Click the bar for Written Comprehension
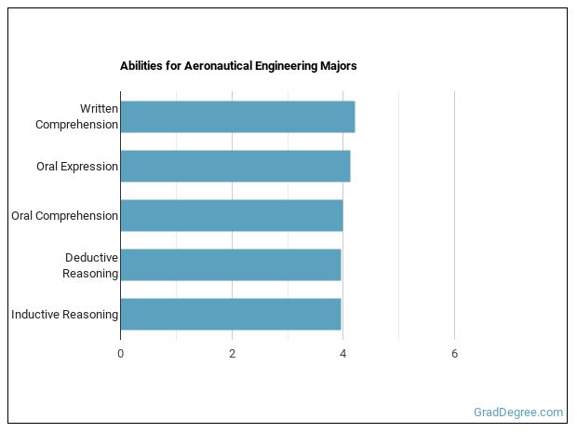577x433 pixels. pos(237,116)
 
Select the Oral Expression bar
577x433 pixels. pos(235,166)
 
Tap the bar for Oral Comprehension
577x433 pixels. pos(231,215)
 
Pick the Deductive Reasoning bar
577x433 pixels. pos(230,264)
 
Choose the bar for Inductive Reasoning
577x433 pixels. pos(230,314)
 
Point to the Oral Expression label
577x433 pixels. pos(77,167)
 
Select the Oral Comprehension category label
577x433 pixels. pos(64,216)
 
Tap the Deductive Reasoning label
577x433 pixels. pos(90,265)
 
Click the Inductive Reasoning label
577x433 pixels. pos(64,315)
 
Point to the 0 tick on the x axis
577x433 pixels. pos(120,353)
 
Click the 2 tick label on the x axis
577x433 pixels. pos(232,353)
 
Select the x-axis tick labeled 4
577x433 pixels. pos(343,353)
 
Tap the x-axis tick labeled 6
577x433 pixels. pos(454,353)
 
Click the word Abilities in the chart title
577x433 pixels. pos(141,67)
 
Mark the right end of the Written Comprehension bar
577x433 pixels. pos(355,116)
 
